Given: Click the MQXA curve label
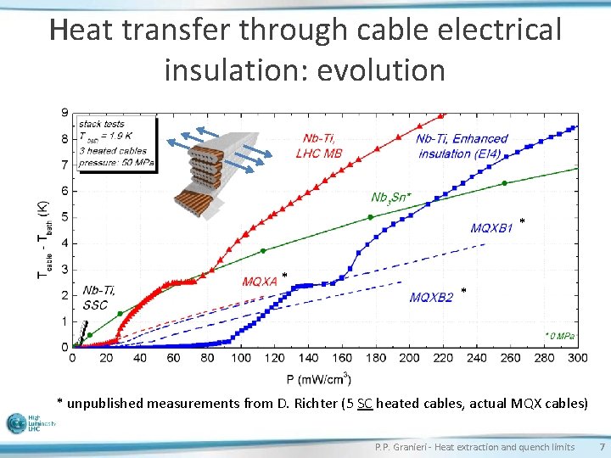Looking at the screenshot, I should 260,282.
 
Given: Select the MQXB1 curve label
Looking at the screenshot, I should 492,227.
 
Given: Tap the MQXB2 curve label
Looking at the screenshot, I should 431,297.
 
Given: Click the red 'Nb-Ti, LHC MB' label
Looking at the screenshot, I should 320,146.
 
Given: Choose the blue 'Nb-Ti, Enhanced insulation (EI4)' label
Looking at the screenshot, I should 462,146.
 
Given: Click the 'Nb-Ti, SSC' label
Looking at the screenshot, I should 99,298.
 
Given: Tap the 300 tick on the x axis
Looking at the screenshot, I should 577,358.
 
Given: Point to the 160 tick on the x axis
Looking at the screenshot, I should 341,358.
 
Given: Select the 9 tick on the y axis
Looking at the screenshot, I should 65,112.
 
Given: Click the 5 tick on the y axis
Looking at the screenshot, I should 65,217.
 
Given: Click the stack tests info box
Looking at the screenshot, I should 116,145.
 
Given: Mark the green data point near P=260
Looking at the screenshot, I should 505,183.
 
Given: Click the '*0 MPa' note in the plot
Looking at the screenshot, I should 559,336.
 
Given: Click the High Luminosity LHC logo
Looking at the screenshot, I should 30,423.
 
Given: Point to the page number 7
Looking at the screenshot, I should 602,447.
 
